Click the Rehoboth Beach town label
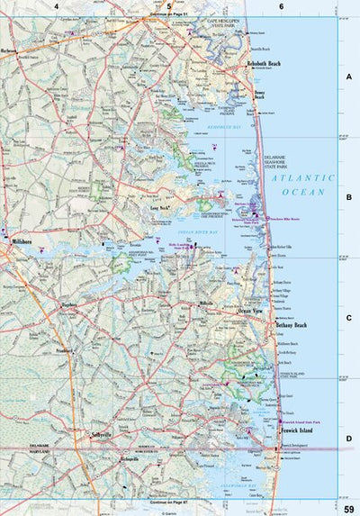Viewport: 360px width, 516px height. [x=266, y=64]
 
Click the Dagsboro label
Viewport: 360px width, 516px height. [x=69, y=306]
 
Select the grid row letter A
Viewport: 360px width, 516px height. [x=349, y=78]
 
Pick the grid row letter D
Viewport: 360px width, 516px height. [x=349, y=439]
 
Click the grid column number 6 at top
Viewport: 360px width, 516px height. [x=282, y=6]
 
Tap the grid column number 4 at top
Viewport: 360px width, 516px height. [x=56, y=6]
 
